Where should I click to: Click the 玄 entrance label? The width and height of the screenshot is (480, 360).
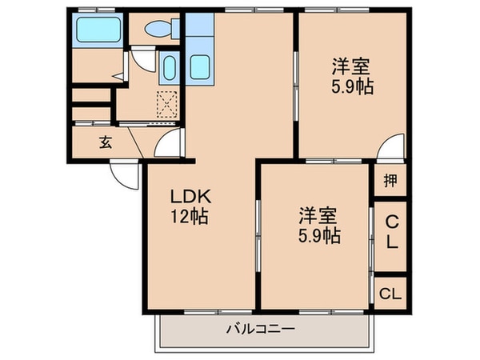point(105,143)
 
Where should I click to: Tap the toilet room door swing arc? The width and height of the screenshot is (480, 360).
point(142,58)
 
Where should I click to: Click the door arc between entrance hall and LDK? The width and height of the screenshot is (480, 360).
point(169,147)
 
